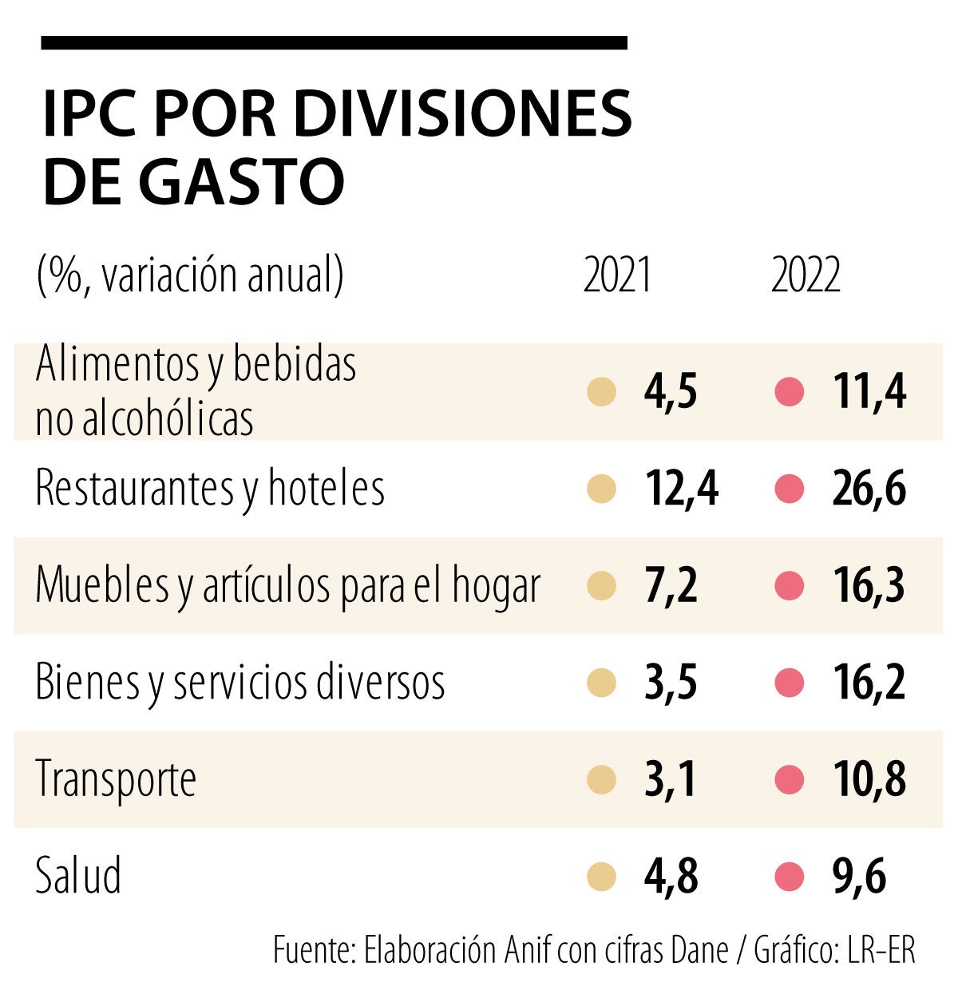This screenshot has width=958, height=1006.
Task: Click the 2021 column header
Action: pyautogui.click(x=617, y=276)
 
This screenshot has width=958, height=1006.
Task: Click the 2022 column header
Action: pyautogui.click(x=806, y=276)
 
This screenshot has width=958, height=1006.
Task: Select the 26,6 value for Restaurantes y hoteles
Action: pyautogui.click(x=869, y=489)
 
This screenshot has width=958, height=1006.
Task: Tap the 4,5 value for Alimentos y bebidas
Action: pyautogui.click(x=671, y=392)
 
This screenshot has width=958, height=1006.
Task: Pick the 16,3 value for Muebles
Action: pyautogui.click(x=869, y=586)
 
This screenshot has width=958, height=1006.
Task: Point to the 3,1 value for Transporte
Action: pyautogui.click(x=671, y=780)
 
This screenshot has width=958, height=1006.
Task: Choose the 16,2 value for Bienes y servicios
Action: pyautogui.click(x=869, y=683)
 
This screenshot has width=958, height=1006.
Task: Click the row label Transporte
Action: pyautogui.click(x=116, y=779)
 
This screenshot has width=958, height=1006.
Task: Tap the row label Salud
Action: pyautogui.click(x=78, y=875)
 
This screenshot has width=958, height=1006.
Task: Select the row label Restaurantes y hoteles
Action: pyautogui.click(x=210, y=489)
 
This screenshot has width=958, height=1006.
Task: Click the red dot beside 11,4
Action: pyautogui.click(x=789, y=392)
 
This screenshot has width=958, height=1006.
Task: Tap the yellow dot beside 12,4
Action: pyautogui.click(x=601, y=489)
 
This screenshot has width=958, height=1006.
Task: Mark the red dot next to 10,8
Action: pyautogui.click(x=789, y=780)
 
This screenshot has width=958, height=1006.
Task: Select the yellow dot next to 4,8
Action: pyautogui.click(x=601, y=877)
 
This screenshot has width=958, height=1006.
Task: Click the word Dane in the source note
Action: pyautogui.click(x=699, y=950)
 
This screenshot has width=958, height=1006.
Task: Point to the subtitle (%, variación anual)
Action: pyautogui.click(x=190, y=276)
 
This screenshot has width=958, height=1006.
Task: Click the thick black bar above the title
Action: pyautogui.click(x=334, y=42)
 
